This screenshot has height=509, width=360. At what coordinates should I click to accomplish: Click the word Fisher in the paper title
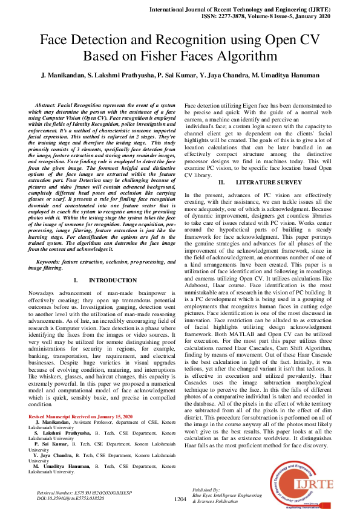198,56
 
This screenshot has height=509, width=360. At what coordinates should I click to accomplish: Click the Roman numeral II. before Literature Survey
221,164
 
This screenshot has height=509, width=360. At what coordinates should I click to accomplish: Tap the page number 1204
180,499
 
